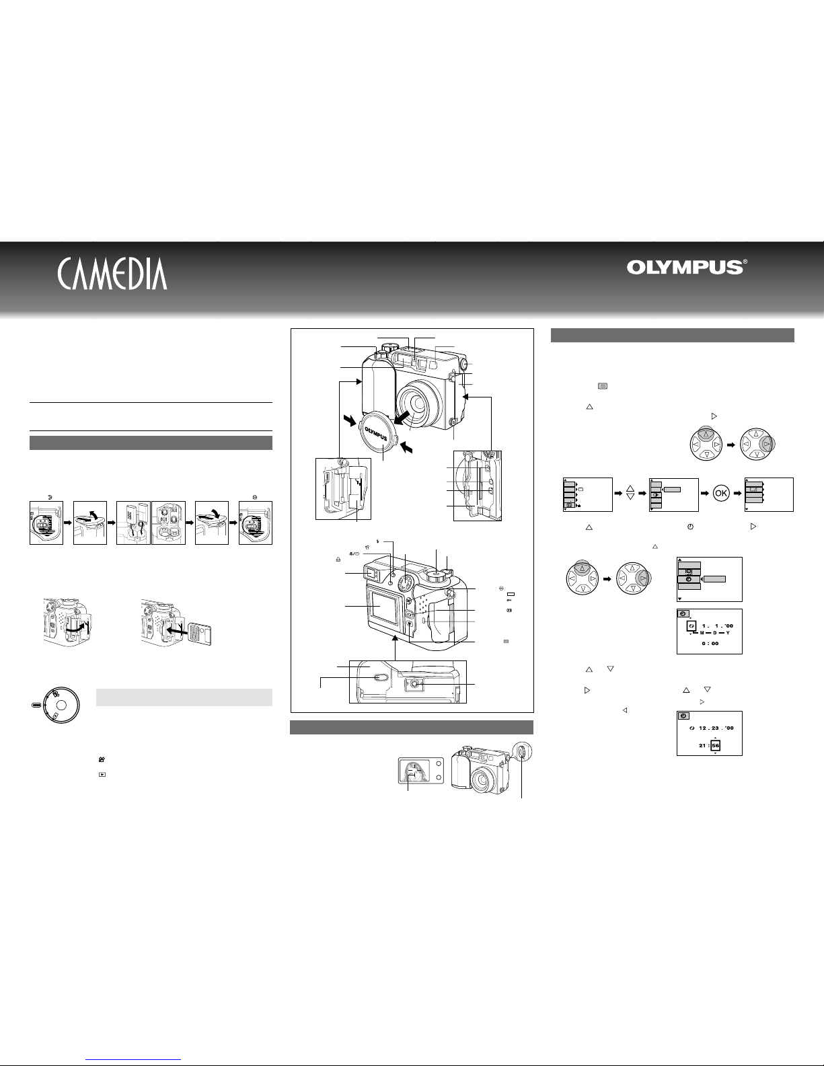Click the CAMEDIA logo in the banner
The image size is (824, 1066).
click(x=112, y=273)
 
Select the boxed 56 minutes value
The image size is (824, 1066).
click(x=716, y=745)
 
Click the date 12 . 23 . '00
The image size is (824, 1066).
click(x=716, y=728)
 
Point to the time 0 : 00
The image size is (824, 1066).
click(x=710, y=643)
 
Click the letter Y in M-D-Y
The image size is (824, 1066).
click(x=728, y=633)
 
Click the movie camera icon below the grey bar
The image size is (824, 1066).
click(x=102, y=759)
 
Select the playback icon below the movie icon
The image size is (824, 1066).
click(x=102, y=775)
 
